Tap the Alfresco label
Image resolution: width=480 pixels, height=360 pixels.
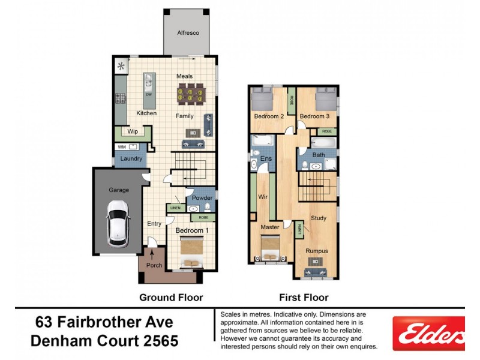pyautogui.click(x=188, y=32)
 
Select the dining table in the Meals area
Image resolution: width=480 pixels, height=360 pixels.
pyautogui.click(x=188, y=94)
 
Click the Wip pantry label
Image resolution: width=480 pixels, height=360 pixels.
pyautogui.click(x=133, y=131)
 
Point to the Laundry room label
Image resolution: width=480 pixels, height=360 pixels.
pyautogui.click(x=131, y=159)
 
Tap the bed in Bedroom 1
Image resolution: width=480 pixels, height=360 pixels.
pyautogui.click(x=193, y=253)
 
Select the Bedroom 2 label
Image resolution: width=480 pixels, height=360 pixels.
pyautogui.click(x=269, y=116)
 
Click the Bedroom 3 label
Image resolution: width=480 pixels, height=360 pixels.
pyautogui.click(x=314, y=116)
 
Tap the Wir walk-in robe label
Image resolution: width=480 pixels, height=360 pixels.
pyautogui.click(x=262, y=197)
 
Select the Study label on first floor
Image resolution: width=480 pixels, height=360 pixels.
pyautogui.click(x=319, y=218)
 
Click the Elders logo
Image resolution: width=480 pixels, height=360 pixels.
pyautogui.click(x=428, y=334)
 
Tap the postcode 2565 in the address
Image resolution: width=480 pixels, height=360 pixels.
pyautogui.click(x=158, y=341)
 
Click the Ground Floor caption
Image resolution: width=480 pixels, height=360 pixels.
pyautogui.click(x=171, y=297)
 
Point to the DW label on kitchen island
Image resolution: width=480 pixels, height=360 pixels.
pyautogui.click(x=148, y=95)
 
